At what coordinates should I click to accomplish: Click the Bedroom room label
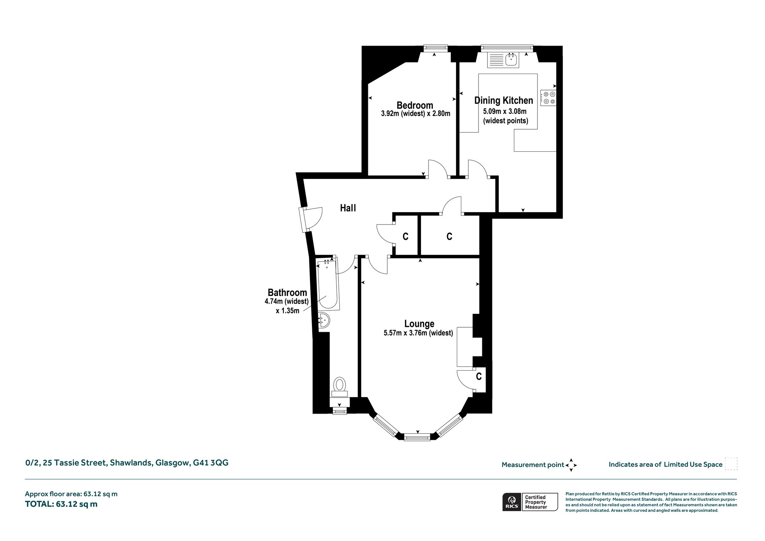click(415, 105)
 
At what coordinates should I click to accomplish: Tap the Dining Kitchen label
click(504, 101)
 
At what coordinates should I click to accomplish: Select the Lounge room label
click(419, 324)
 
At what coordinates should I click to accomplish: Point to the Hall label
click(348, 208)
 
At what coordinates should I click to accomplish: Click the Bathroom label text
click(287, 293)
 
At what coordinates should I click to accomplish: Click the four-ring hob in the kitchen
click(548, 98)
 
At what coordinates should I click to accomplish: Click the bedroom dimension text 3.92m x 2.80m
click(415, 114)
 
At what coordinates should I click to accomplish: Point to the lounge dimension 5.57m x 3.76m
click(418, 333)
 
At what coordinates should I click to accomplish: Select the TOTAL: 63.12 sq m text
click(61, 504)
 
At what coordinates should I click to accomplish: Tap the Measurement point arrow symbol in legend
click(571, 465)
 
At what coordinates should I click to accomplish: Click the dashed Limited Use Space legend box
click(731, 464)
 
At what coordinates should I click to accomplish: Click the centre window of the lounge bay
click(417, 437)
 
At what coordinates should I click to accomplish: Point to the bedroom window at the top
click(436, 48)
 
